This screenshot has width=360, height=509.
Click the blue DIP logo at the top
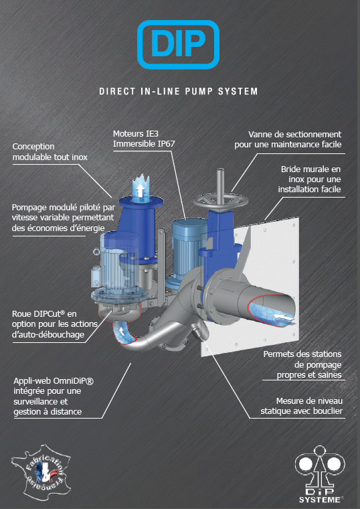pos(179,44)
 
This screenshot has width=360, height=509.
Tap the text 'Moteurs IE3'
pos(136,134)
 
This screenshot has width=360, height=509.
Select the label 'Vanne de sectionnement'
pos(295,135)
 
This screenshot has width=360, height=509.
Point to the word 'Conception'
pos(33,147)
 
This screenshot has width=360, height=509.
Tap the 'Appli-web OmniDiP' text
pos(54,381)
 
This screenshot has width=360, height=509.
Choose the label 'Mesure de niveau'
pos(309,401)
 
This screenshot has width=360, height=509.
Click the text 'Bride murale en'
pos(310,169)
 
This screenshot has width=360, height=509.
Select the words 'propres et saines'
pos(309,375)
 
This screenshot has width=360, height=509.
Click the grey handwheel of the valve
pos(220,202)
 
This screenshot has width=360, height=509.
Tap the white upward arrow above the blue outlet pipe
pos(140,190)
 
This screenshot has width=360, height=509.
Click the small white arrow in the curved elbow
pos(122,331)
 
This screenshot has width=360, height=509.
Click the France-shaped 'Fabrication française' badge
pos(41,469)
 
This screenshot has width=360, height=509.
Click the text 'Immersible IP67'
pos(144,144)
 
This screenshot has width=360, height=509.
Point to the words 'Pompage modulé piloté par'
pos(64,208)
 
